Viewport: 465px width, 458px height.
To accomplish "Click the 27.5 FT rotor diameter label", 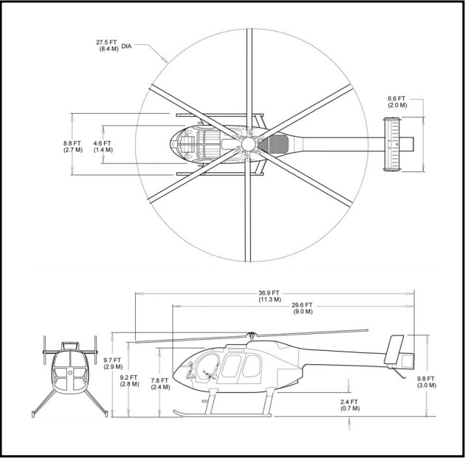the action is coord(107,45).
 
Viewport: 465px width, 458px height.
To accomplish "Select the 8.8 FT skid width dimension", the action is coord(72,146).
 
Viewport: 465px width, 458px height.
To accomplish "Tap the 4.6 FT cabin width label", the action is coord(103,146).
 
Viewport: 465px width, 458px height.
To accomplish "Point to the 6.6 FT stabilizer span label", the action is coord(397,101).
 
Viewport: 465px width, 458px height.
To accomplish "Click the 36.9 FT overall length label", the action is coord(269,296).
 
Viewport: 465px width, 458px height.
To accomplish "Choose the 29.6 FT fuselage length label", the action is coord(303,308).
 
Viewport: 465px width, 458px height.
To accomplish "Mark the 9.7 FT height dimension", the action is coord(113,363).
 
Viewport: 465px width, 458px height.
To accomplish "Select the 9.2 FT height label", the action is coord(129,380).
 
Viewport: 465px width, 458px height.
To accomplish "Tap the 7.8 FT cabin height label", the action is coord(160,383).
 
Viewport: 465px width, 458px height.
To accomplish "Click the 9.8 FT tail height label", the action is coord(427,382).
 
